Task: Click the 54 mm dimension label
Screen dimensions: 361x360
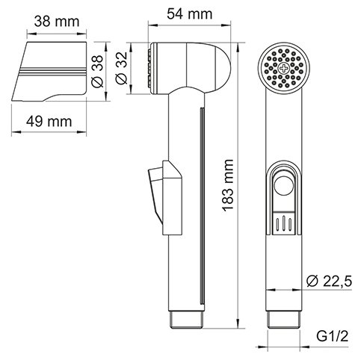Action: tap(189, 14)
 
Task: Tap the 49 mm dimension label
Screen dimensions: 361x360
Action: tap(49, 122)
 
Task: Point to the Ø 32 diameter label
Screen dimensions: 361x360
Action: tap(122, 68)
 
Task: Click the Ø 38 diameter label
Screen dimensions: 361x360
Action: tap(97, 71)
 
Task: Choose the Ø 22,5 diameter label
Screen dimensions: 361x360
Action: tap(329, 282)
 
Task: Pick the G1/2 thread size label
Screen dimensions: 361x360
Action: tap(333, 337)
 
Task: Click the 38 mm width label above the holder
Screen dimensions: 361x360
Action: tap(57, 22)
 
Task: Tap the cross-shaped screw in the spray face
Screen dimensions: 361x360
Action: tap(284, 68)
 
